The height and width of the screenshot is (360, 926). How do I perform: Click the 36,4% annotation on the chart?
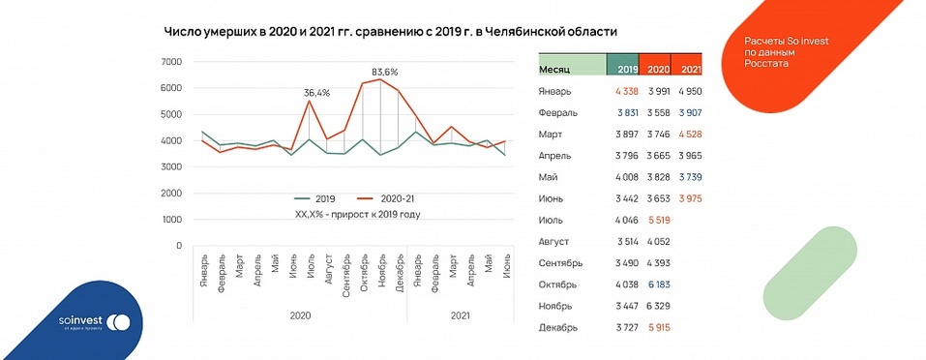click(316, 93)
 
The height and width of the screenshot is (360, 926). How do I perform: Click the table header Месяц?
click(555, 69)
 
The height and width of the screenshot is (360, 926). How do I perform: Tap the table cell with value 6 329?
click(655, 304)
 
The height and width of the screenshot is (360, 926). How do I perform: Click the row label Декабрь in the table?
click(558, 328)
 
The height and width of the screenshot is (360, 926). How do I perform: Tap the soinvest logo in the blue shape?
click(93, 321)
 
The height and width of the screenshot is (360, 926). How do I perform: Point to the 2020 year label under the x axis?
click(300, 315)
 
